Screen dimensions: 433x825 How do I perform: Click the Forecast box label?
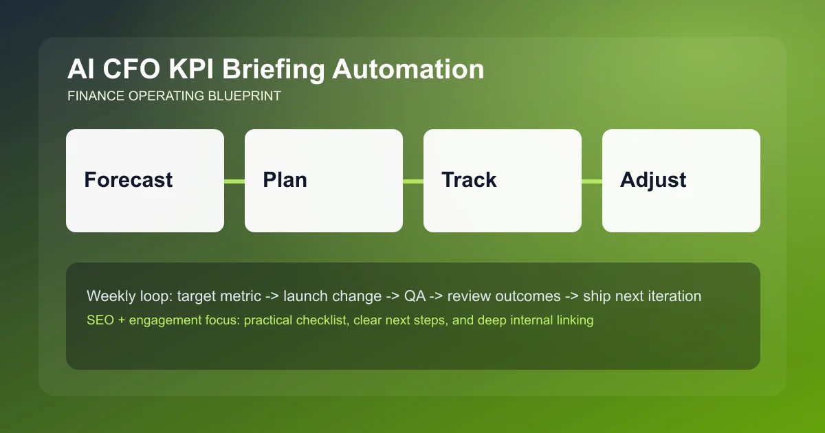coord(129,180)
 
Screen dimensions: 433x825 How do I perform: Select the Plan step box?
coord(323,181)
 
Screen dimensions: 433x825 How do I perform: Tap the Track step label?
coord(469,180)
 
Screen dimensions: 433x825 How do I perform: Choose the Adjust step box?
coord(681,181)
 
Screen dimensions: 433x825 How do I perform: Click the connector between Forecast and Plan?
coord(234,181)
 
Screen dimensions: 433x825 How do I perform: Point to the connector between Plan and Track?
coord(413,181)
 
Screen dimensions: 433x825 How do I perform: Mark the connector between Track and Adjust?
coord(592,181)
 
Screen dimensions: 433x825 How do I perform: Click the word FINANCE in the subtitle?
coord(96,96)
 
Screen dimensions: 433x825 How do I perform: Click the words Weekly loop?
coord(129,297)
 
